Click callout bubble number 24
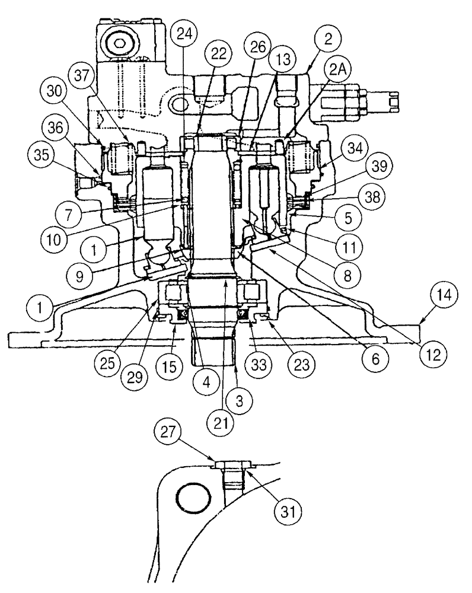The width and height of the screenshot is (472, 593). click(186, 34)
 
